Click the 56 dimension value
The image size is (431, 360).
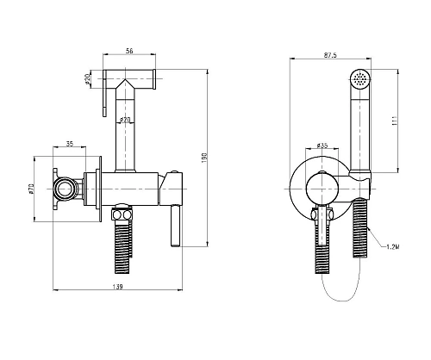(129, 51)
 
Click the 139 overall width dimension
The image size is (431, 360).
(117, 287)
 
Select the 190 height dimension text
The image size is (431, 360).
(204, 157)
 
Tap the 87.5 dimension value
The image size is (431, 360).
(330, 55)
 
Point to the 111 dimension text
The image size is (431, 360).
(395, 121)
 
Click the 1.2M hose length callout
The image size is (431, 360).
(393, 246)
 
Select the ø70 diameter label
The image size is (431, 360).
(32, 189)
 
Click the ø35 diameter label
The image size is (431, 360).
(322, 146)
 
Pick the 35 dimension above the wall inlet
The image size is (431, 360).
(70, 144)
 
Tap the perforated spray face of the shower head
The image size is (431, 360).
(360, 78)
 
